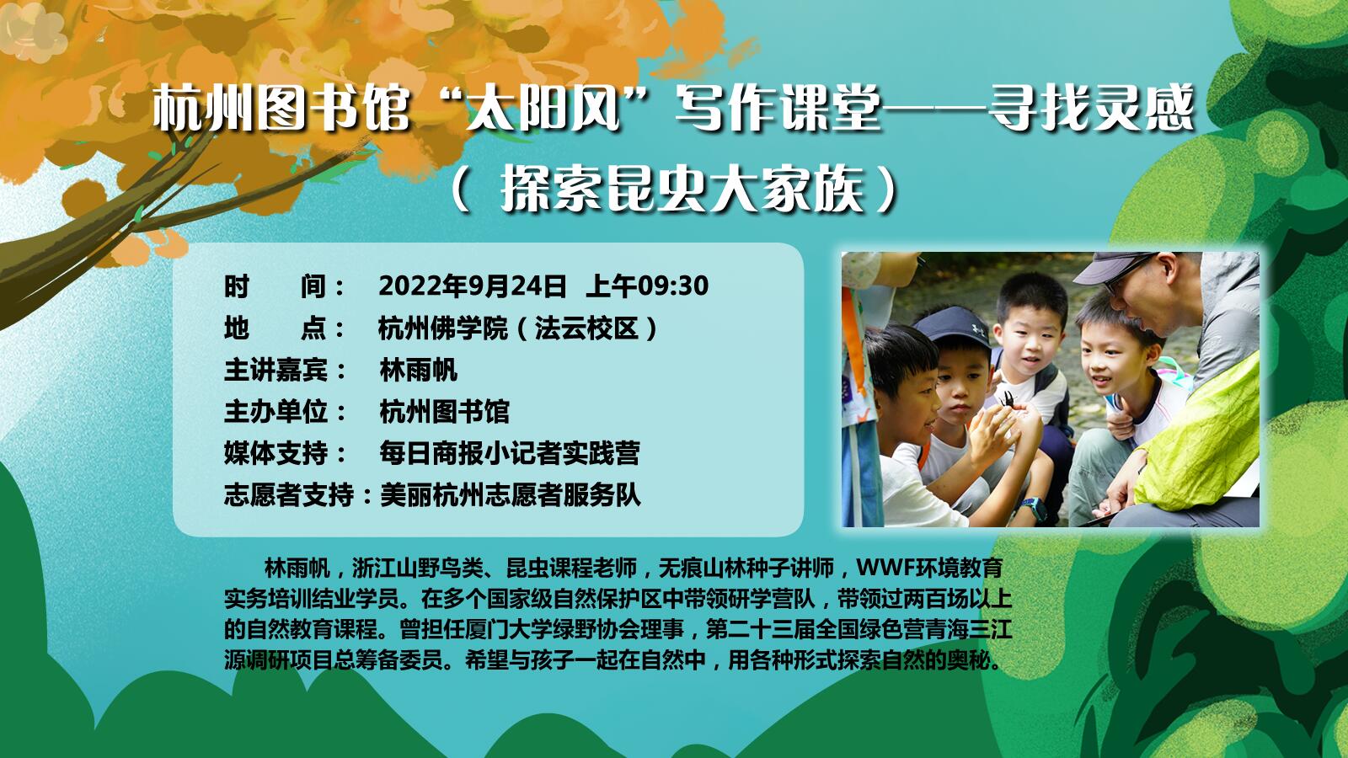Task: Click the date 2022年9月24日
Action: [473, 286]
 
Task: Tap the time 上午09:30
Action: [648, 286]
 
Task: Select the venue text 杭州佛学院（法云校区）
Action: [519, 328]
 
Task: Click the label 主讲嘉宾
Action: [276, 370]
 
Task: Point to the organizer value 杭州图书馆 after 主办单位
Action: [444, 412]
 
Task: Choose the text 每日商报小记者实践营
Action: [509, 453]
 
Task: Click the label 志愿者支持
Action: [289, 495]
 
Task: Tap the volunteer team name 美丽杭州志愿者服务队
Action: [511, 495]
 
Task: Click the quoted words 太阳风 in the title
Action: [543, 109]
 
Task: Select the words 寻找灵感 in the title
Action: [1090, 109]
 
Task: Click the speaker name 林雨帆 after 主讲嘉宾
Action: [418, 370]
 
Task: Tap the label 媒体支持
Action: [276, 453]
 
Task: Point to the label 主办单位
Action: [276, 412]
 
